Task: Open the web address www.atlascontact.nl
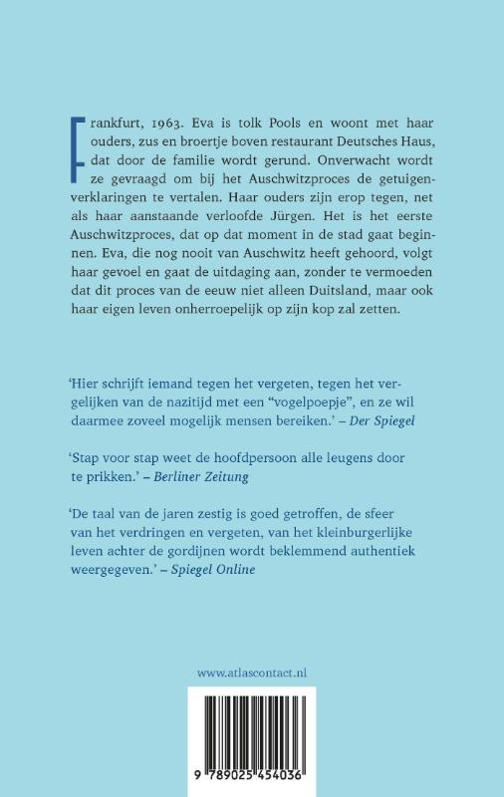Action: click(x=252, y=672)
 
